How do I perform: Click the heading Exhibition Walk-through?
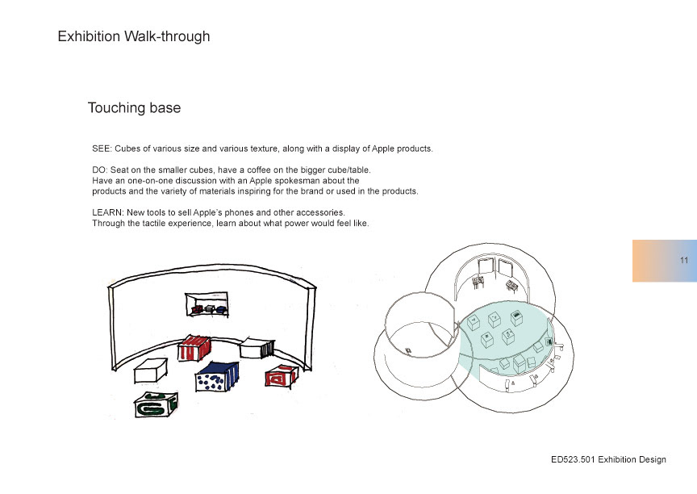(134, 36)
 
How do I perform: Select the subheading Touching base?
(134, 107)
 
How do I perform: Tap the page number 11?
(684, 260)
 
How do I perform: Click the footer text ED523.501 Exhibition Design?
(608, 460)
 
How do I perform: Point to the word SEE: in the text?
(102, 149)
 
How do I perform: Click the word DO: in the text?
(100, 170)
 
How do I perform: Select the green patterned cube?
(156, 404)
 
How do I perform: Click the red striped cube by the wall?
(194, 349)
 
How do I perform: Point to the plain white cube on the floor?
(151, 371)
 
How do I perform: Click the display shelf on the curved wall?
(207, 304)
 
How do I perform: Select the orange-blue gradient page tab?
(665, 261)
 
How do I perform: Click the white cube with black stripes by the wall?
(257, 348)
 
